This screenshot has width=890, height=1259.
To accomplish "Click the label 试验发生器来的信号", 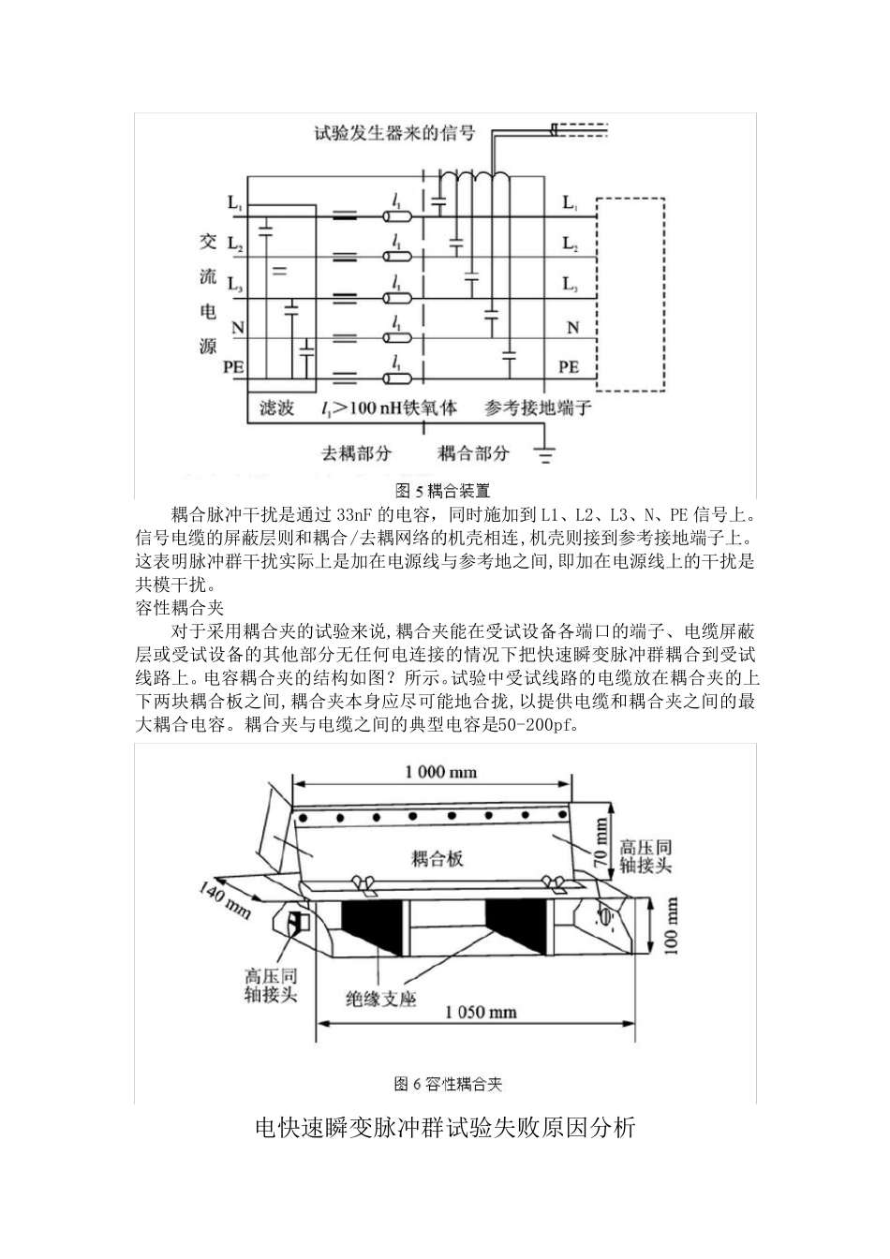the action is [x=394, y=134].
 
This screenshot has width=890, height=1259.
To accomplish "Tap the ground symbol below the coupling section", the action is [x=543, y=456].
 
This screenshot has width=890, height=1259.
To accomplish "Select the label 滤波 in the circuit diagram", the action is [x=276, y=408].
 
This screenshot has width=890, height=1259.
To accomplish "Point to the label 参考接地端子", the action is [x=538, y=408].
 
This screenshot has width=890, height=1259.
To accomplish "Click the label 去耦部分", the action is [x=356, y=453].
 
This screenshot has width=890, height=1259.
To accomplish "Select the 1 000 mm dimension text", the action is [x=439, y=772].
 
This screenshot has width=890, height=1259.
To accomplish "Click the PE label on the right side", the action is [x=569, y=367].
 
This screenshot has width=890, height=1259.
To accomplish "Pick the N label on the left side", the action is [x=237, y=328].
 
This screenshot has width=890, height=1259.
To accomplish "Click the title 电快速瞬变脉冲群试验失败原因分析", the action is [x=445, y=1127].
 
